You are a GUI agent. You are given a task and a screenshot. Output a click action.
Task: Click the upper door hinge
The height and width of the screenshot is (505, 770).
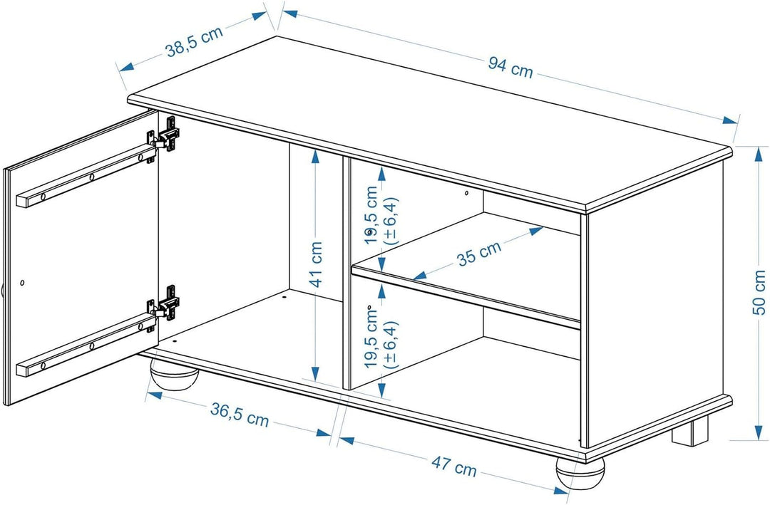165,135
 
